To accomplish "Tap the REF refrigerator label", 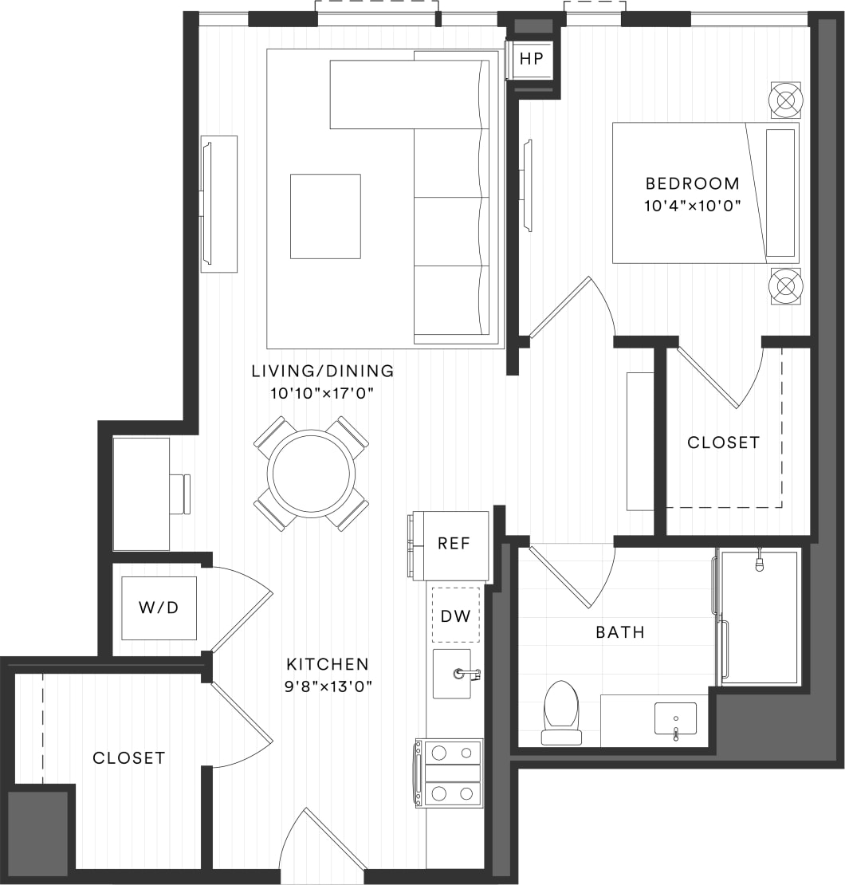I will (x=454, y=545).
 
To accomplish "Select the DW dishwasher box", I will (x=456, y=615).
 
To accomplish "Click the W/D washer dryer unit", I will (x=159, y=608).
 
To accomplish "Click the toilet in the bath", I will (x=561, y=712).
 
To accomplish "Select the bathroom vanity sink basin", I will (x=675, y=718).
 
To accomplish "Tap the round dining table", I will (x=312, y=473).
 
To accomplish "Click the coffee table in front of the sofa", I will (x=325, y=216).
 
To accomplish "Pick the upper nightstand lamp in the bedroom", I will (x=786, y=100).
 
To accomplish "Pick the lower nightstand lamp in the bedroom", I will (x=786, y=285).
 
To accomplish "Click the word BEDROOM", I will (x=693, y=183).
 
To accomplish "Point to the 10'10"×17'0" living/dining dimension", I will (x=322, y=392).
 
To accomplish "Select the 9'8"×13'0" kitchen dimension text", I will (x=328, y=685).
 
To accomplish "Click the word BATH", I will (x=620, y=633).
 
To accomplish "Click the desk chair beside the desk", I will (x=180, y=494).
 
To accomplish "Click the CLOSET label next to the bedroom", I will (x=723, y=442).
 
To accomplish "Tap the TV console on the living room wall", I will (x=218, y=204).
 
